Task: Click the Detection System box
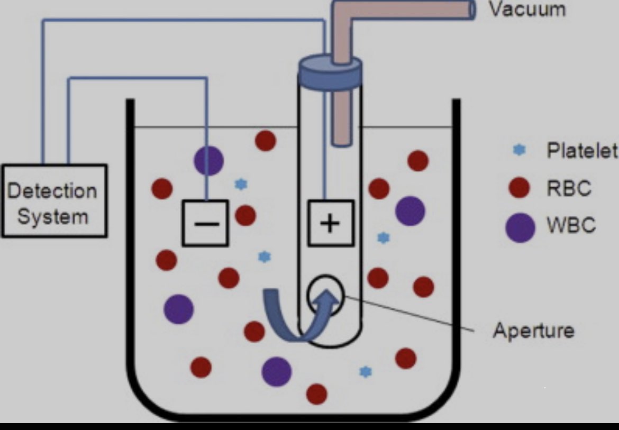click(x=54, y=201)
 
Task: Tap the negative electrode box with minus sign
click(x=205, y=223)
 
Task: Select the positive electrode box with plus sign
click(x=331, y=223)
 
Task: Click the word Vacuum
click(x=526, y=9)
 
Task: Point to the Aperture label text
click(x=533, y=331)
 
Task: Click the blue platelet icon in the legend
click(x=520, y=151)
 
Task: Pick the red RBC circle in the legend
click(x=519, y=187)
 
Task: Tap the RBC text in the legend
click(x=569, y=188)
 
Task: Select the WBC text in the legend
click(x=571, y=226)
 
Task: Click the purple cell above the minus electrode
click(x=208, y=160)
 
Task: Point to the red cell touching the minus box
click(x=245, y=215)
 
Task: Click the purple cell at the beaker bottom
click(x=277, y=371)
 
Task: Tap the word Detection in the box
click(x=52, y=190)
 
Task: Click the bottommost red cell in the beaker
click(x=316, y=394)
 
